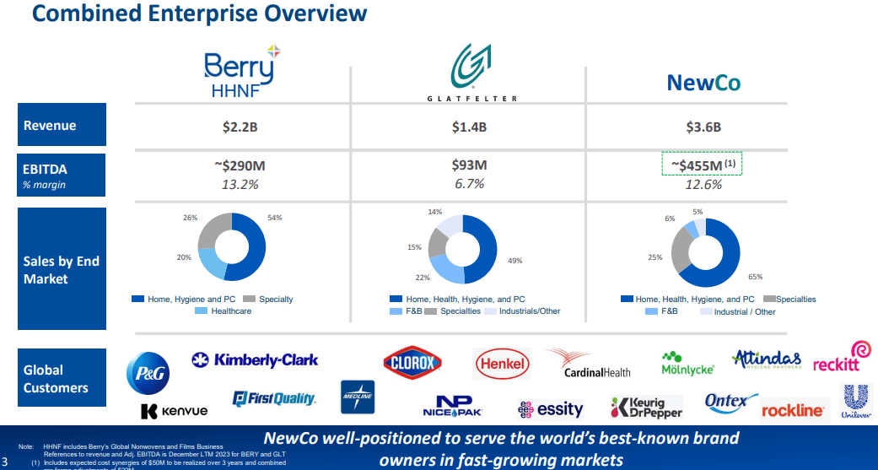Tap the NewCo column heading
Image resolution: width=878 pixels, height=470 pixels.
703,83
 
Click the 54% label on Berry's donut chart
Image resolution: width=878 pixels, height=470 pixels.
275,219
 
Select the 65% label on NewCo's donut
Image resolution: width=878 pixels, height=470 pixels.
755,276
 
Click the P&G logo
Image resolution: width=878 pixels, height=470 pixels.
148,372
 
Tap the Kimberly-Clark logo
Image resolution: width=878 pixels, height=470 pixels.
256,360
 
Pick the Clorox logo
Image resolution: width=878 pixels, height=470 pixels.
412,364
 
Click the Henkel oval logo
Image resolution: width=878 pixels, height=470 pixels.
503,365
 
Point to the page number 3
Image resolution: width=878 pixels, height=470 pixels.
5,461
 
